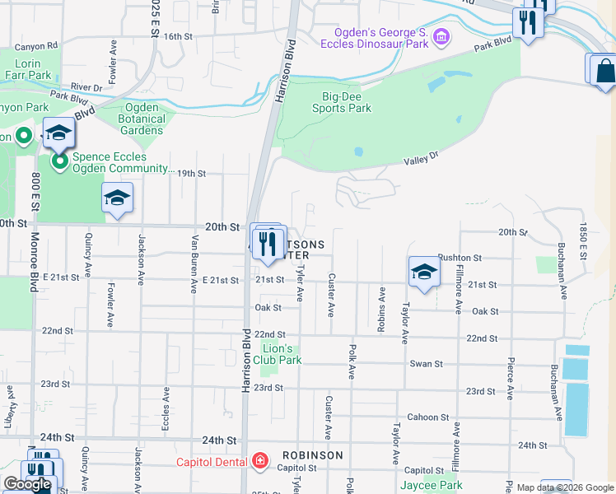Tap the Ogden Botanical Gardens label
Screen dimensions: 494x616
coord(144,119)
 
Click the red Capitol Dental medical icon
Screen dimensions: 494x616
coord(260,461)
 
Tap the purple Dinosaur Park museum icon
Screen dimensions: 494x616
coord(441,36)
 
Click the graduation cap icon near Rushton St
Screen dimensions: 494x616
coord(423,272)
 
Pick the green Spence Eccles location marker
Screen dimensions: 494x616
coord(59,161)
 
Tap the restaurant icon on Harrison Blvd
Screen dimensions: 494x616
coord(267,245)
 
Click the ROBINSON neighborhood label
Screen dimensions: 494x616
coord(312,455)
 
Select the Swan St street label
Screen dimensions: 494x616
coord(427,363)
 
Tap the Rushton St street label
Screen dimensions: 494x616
coord(458,258)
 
